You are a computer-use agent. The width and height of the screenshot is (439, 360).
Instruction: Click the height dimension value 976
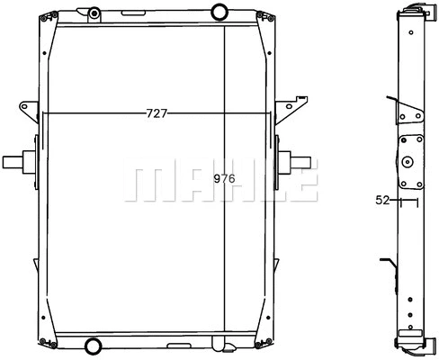pos(224,178)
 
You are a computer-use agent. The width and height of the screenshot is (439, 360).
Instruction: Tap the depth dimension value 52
pos(382,202)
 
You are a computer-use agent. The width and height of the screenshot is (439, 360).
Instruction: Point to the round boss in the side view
pos(408,163)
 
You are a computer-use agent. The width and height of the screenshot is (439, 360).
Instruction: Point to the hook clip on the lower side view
pos(389,265)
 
